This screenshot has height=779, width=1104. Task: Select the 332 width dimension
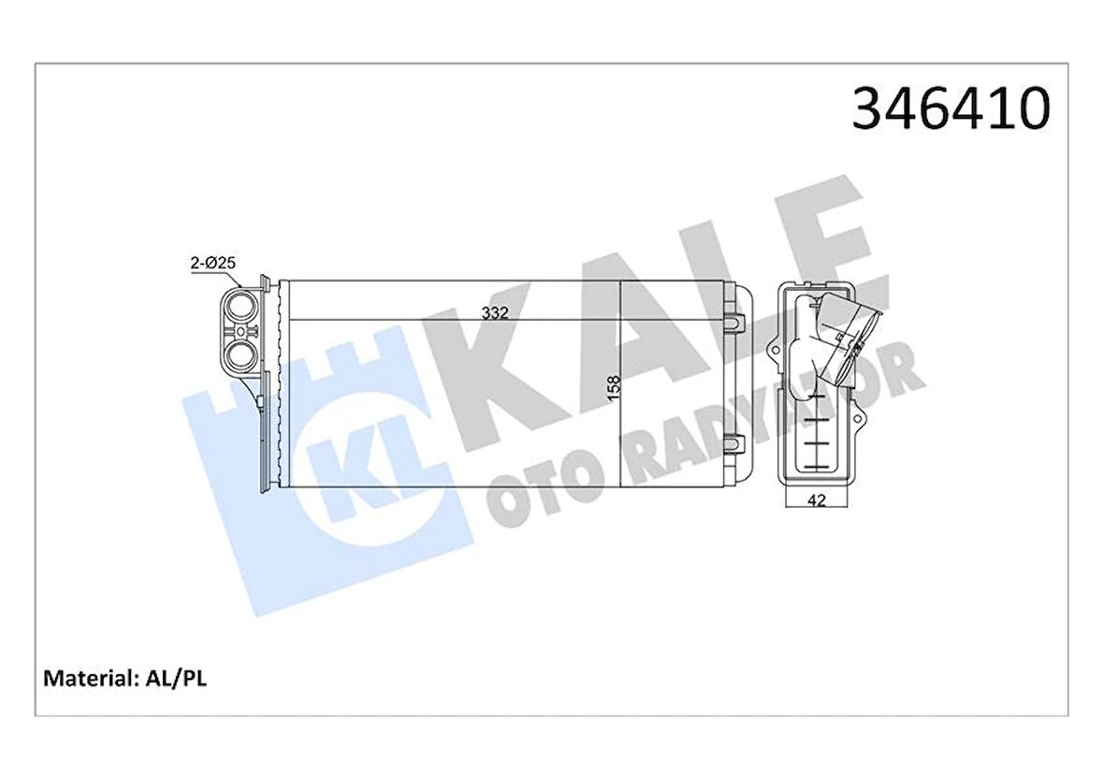pyautogui.click(x=495, y=314)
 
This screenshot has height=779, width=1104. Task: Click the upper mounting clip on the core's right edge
pyautogui.click(x=735, y=318)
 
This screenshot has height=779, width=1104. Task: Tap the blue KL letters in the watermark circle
pyautogui.click(x=370, y=468)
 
